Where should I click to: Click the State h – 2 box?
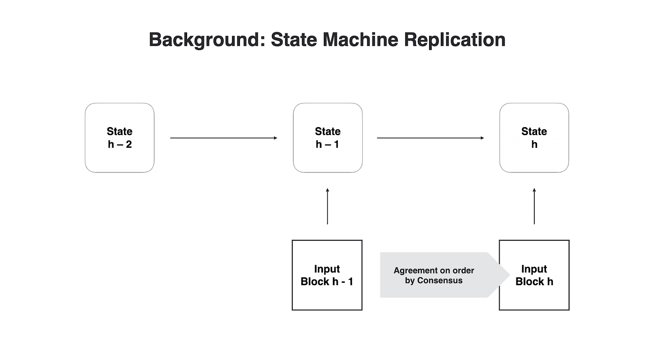pos(120,137)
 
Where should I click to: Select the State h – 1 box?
pos(328,137)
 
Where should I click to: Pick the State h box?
pos(534,137)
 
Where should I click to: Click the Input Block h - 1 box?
pos(327,275)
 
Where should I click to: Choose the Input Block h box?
pos(534,275)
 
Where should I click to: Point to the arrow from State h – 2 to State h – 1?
pos(224,138)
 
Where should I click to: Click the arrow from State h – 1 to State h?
pos(430,138)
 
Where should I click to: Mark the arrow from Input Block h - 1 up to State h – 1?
pos(327,206)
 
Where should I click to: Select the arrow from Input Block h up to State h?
pos(534,206)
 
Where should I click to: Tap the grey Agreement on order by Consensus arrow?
pos(445,275)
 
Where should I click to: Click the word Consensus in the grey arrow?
pos(440,281)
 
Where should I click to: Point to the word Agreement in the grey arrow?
pos(414,271)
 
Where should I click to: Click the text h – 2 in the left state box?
pos(120,144)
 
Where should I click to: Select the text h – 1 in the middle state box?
pos(327,144)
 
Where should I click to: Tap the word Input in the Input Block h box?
pos(534,269)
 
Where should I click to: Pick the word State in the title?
pos(294,39)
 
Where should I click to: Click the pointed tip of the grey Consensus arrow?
pos(510,275)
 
